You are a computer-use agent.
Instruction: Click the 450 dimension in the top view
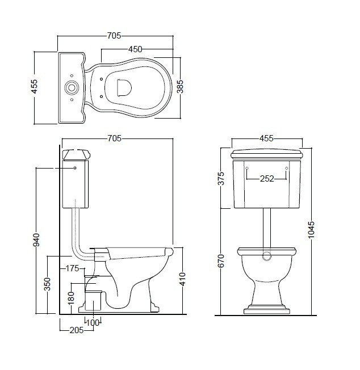(x=135, y=49)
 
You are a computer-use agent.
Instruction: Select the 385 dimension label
(x=179, y=87)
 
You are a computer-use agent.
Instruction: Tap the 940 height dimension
(x=36, y=239)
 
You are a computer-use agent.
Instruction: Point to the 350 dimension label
(x=47, y=284)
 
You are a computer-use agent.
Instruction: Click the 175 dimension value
(x=72, y=268)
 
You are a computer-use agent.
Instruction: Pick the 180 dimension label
(x=71, y=298)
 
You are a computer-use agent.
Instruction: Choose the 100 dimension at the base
(x=93, y=322)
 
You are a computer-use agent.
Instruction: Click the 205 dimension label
(x=77, y=330)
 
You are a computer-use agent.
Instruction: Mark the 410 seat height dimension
(x=183, y=279)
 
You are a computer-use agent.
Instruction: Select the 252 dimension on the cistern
(x=267, y=179)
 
